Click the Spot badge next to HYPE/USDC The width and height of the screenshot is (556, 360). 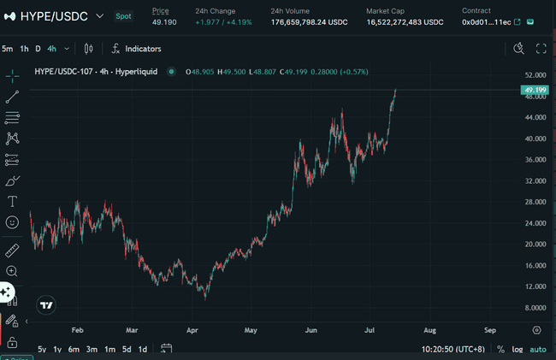coord(123,16)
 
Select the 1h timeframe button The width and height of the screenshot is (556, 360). coord(25,49)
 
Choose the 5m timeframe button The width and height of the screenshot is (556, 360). coord(8,49)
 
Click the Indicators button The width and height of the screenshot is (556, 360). coord(137,49)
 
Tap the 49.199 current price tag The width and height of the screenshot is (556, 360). coord(535,89)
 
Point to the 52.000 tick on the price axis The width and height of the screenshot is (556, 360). coord(535,76)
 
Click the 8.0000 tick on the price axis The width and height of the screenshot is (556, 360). coord(535,307)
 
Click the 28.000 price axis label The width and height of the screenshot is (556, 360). coord(535,202)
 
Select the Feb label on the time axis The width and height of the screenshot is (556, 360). coord(77,329)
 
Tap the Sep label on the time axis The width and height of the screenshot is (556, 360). coord(490,329)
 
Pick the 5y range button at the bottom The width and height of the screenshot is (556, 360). coord(42,349)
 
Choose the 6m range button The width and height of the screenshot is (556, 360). coord(74,349)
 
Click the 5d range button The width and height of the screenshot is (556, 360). coord(126,349)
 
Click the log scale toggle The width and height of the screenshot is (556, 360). coord(518,349)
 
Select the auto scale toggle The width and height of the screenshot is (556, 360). coord(537,349)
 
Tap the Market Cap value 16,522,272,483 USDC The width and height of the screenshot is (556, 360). coord(405,21)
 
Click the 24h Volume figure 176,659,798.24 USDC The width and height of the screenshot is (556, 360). coord(310,21)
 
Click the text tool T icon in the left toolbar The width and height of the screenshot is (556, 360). coord(12,202)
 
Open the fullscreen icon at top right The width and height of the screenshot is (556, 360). coord(541,49)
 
